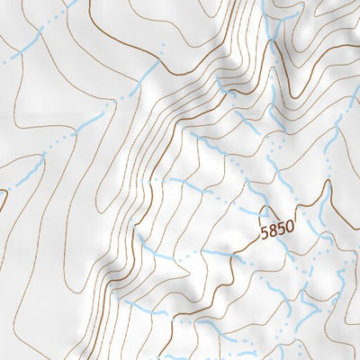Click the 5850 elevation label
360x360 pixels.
pyautogui.click(x=276, y=230)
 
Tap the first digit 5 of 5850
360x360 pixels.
pyautogui.click(x=264, y=231)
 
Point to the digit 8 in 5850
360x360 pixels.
pyautogui.click(x=272, y=231)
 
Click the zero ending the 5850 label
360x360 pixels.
pyautogui.click(x=289, y=229)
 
